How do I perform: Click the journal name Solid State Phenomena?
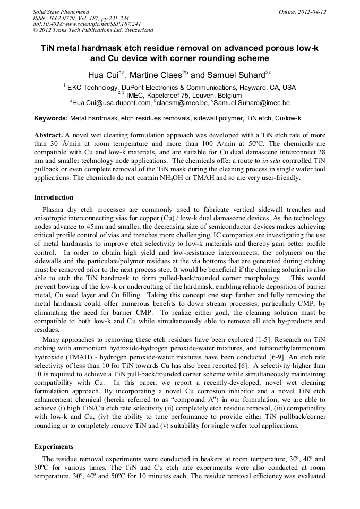pos(61,11)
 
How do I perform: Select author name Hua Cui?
pos(103,74)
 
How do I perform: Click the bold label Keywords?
pos(51,118)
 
